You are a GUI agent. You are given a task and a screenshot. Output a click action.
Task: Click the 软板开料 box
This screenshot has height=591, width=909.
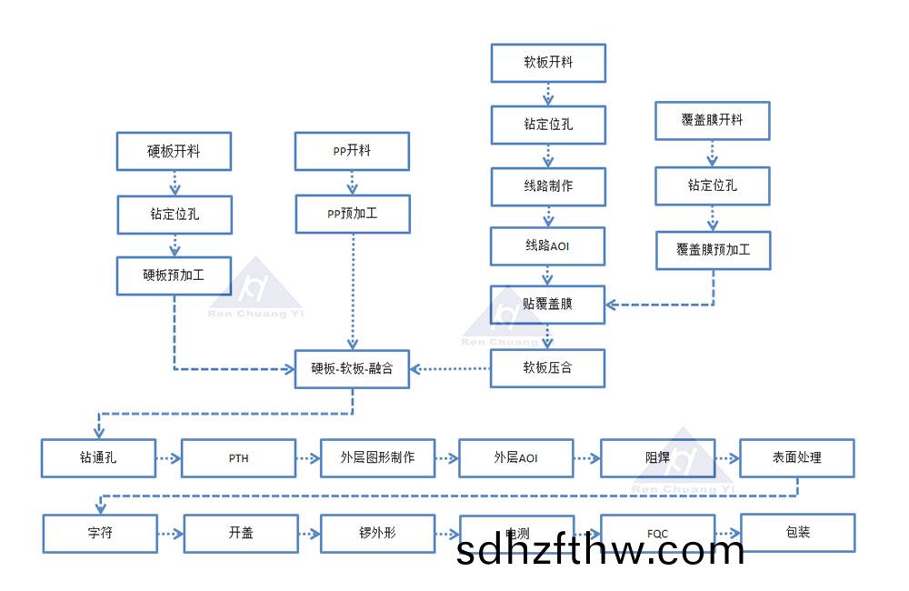(x=548, y=63)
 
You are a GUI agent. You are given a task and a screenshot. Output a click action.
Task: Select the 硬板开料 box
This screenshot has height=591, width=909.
(x=174, y=151)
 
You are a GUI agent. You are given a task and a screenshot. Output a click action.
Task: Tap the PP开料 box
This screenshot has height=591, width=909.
(x=352, y=151)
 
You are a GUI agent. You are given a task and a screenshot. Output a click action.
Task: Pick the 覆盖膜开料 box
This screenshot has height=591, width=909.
(x=713, y=120)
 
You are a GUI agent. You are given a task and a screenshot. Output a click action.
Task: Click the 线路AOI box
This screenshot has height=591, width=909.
(x=548, y=246)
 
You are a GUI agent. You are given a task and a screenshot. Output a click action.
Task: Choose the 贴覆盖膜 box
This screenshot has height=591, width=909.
(x=548, y=305)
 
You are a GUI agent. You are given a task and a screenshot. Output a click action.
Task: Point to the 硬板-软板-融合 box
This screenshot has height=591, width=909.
(x=352, y=369)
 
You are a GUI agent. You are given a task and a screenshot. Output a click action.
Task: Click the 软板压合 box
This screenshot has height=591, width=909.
(x=548, y=368)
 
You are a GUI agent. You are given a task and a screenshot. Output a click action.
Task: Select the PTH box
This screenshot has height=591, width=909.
(x=238, y=458)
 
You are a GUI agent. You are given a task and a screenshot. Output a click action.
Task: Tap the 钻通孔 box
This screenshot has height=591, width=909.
(x=98, y=458)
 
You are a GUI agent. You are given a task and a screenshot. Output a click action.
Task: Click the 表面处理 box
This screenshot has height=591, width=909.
(x=797, y=457)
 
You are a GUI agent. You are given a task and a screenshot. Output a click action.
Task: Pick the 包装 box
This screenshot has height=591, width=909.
(x=797, y=533)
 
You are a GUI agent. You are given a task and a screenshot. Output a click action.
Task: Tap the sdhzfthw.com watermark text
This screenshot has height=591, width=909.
(x=601, y=551)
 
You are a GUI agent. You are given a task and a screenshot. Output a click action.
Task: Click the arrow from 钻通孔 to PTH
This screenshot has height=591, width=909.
(x=168, y=458)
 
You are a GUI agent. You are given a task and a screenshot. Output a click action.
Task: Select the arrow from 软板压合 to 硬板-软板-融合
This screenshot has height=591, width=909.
(x=450, y=369)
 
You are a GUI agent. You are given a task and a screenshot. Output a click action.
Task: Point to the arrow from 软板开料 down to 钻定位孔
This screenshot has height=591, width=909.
(x=548, y=94)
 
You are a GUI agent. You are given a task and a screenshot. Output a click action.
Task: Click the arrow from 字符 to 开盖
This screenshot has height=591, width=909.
(x=170, y=534)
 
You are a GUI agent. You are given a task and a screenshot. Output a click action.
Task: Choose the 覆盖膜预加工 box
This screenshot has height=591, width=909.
(x=713, y=250)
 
